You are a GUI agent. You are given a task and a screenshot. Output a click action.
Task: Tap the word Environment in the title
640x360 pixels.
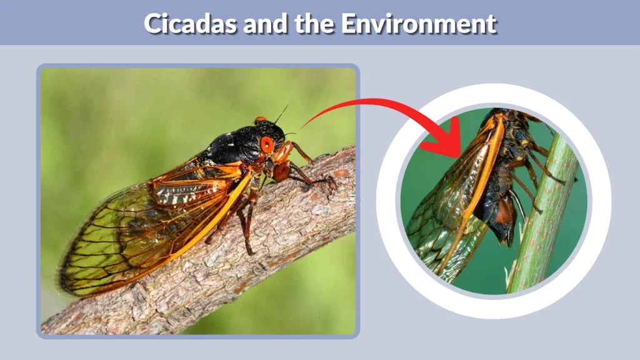click(x=418, y=24)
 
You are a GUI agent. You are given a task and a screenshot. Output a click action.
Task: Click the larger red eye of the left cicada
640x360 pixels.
click(x=267, y=144)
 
